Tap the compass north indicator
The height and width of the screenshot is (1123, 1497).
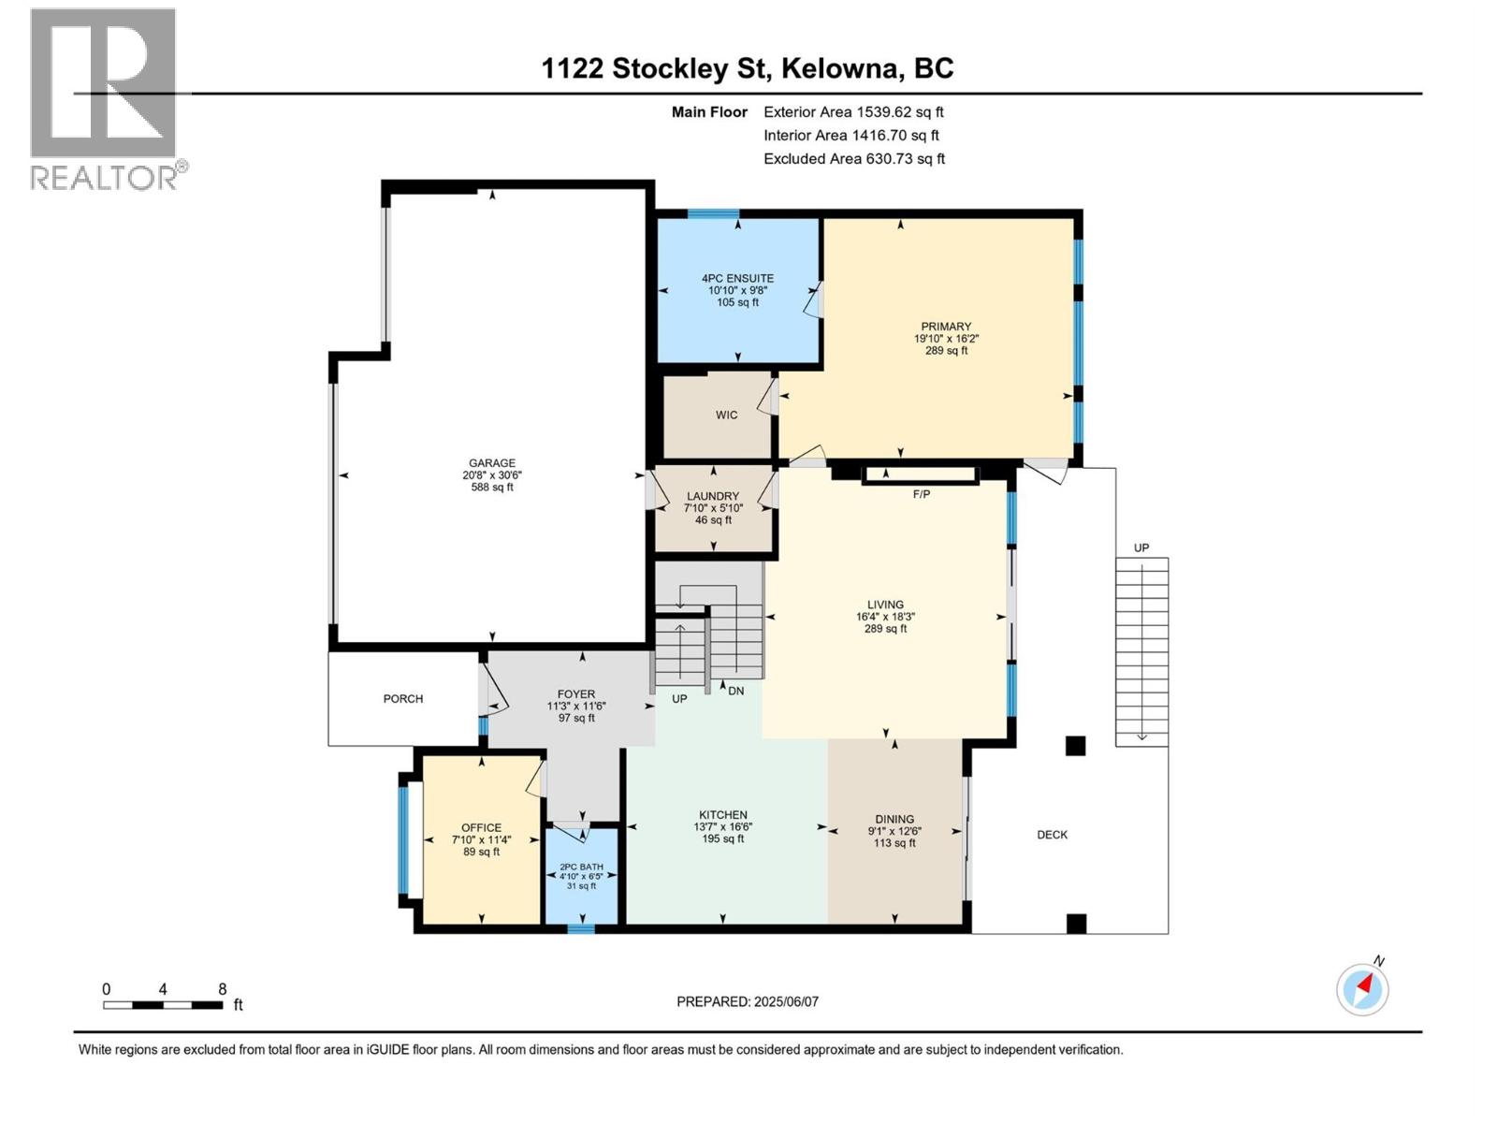[1362, 988]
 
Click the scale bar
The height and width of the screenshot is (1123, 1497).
[163, 1005]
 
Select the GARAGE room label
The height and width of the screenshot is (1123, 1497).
[492, 463]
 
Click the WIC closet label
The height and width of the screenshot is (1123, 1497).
[727, 415]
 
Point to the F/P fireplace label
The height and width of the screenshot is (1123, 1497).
[922, 494]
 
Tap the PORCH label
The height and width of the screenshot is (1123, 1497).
[403, 699]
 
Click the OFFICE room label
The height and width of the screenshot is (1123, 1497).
[482, 828]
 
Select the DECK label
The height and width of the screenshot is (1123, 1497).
[1053, 835]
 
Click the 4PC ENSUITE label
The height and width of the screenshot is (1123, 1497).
[738, 278]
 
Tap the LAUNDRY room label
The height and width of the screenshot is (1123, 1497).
[713, 497]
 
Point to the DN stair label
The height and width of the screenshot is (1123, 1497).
[736, 692]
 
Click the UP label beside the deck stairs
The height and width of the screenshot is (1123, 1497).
[1141, 548]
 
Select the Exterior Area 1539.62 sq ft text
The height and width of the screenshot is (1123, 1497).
[853, 112]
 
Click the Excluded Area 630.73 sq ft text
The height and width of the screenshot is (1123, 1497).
[853, 159]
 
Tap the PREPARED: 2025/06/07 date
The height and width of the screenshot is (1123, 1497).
[748, 1001]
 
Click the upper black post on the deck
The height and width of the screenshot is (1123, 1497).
[1075, 746]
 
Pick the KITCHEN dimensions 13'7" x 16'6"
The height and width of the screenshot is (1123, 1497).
[723, 827]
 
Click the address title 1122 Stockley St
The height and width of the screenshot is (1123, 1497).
[655, 68]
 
